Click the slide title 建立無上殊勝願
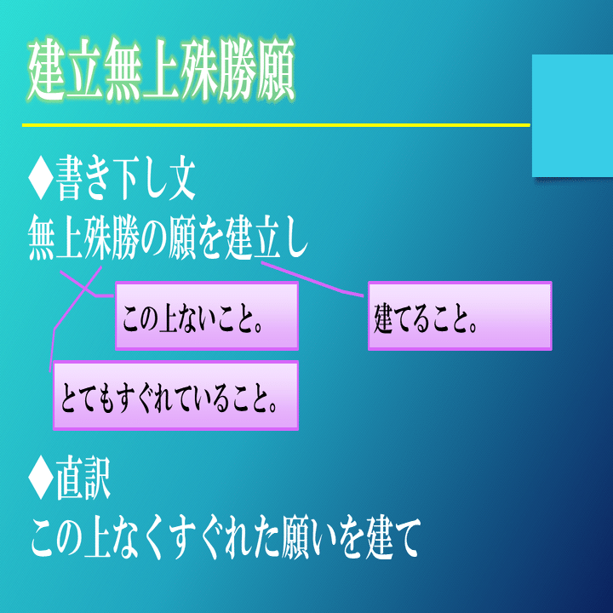[x=161, y=72]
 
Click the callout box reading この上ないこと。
[x=207, y=317]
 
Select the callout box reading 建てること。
[x=460, y=317]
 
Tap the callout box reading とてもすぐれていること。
[x=175, y=396]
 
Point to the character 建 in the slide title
[x=48, y=72]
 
